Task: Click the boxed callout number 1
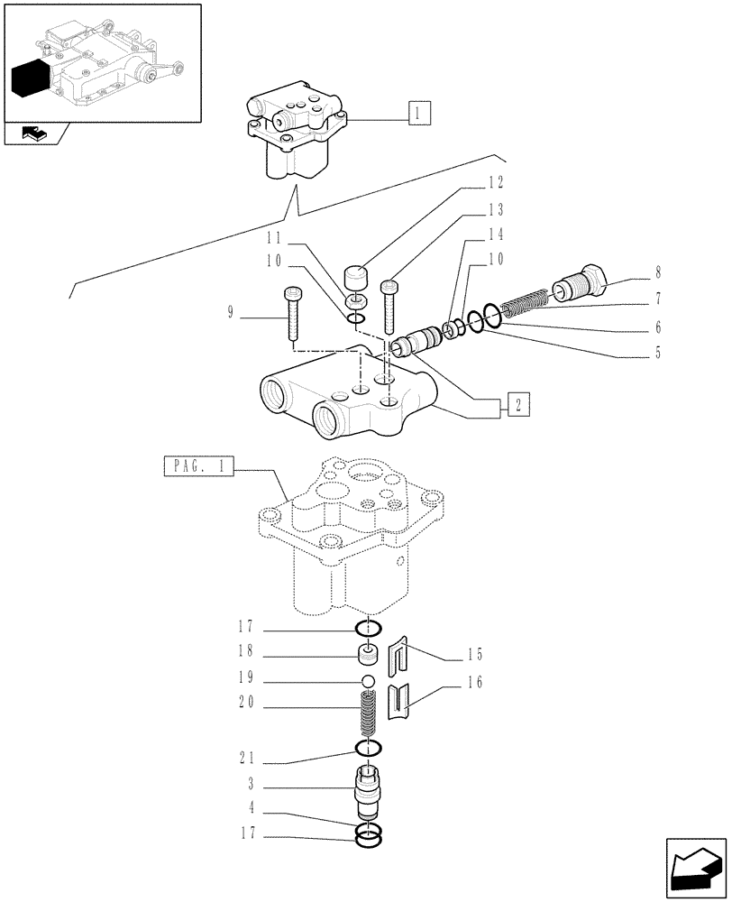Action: point(419,114)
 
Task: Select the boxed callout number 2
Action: point(517,405)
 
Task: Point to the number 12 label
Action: point(495,182)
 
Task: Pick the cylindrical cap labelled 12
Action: point(358,274)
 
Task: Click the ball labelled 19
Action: point(369,679)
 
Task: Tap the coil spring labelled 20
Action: point(369,713)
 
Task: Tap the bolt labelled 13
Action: point(389,307)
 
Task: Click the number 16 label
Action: point(475,683)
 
